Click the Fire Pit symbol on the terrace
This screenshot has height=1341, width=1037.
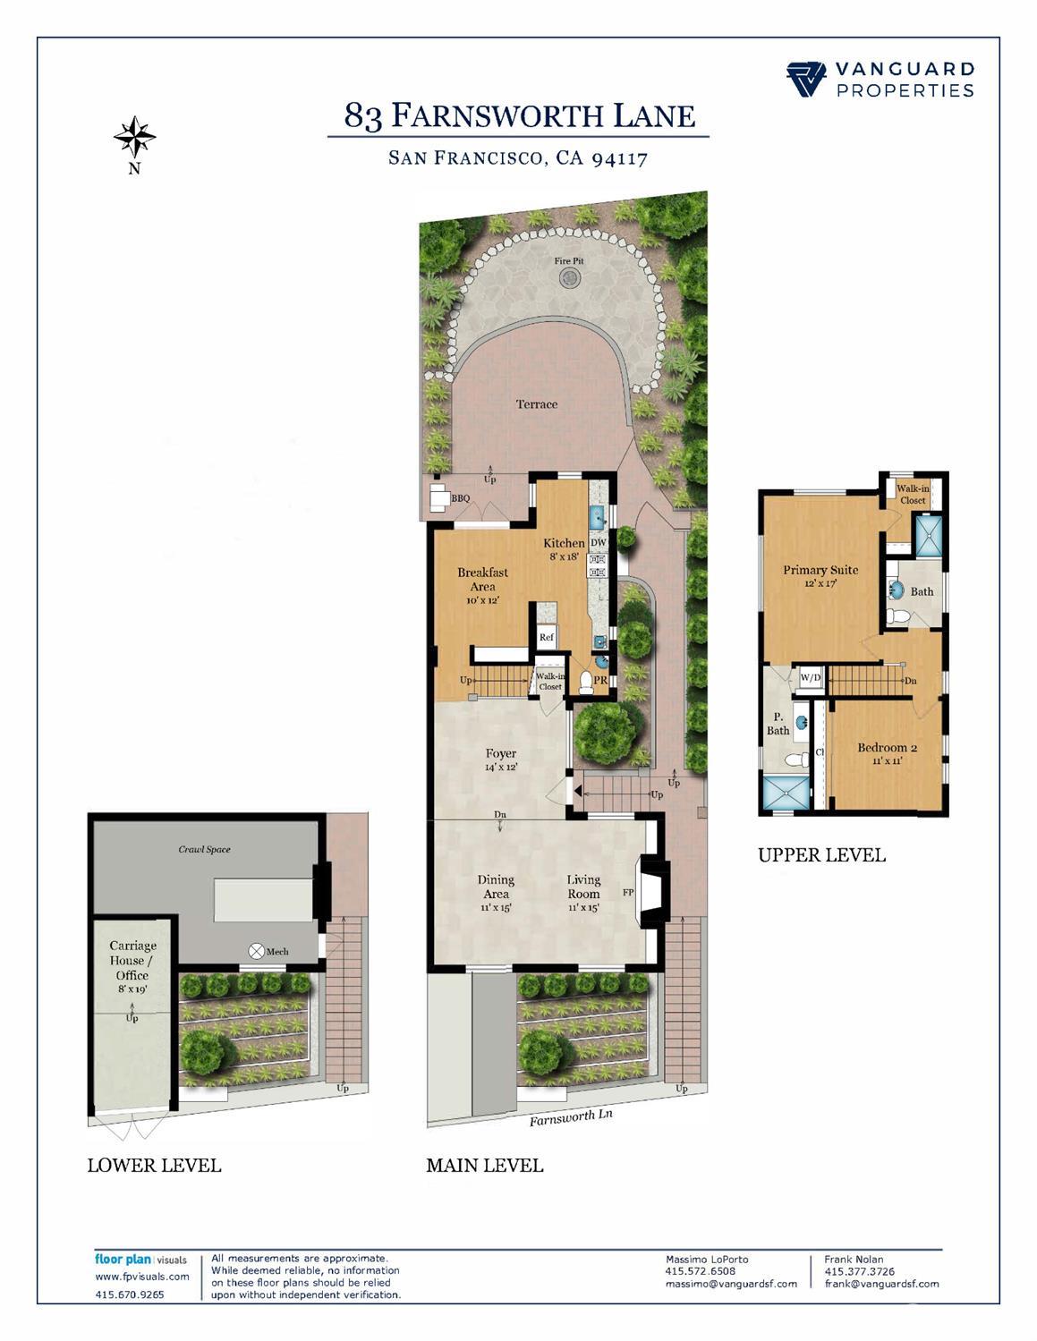tap(569, 278)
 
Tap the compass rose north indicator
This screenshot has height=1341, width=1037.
tap(134, 138)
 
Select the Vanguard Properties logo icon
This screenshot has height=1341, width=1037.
tap(806, 80)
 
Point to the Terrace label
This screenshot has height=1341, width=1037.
tap(537, 404)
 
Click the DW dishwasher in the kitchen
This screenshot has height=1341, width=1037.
tap(599, 543)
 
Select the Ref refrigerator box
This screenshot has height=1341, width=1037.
tap(547, 637)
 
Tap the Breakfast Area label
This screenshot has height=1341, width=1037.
tap(482, 580)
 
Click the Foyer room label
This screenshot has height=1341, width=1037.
tap(501, 753)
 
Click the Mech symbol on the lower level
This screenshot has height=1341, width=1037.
tap(257, 951)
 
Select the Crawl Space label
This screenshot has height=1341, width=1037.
tap(204, 849)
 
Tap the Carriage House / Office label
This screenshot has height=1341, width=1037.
tap(132, 960)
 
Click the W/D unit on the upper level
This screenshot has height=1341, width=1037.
tap(810, 678)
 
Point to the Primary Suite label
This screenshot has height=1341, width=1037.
tap(820, 570)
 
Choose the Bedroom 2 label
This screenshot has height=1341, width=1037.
tap(887, 748)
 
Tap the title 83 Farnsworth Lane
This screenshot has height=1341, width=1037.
tap(519, 116)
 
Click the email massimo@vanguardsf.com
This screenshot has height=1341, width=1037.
tap(730, 1284)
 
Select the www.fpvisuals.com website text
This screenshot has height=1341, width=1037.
tap(142, 1277)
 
